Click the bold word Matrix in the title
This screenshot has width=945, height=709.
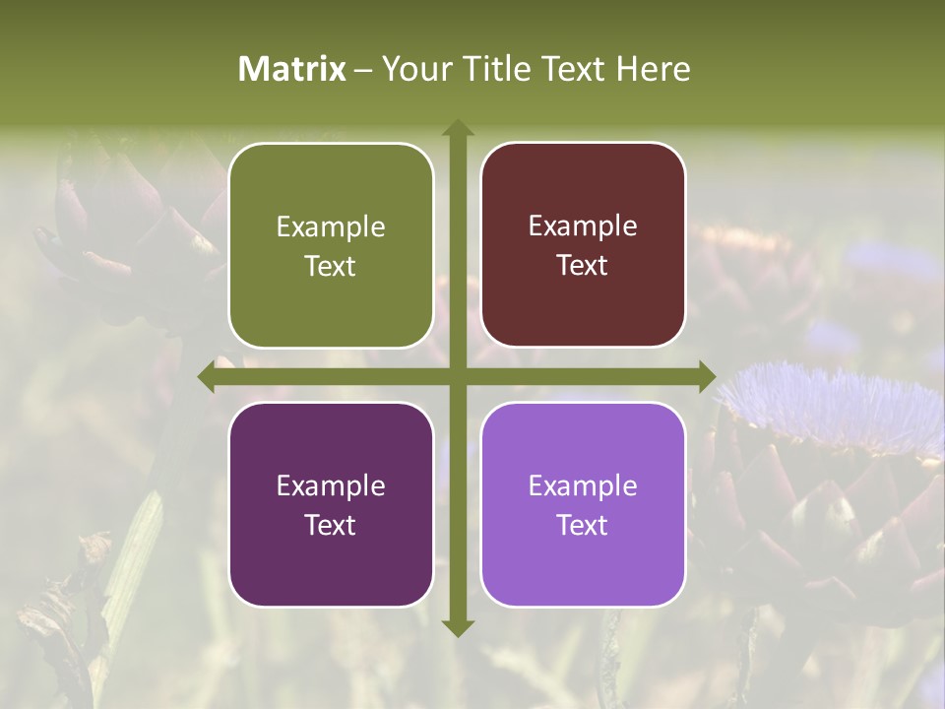pyautogui.click(x=292, y=69)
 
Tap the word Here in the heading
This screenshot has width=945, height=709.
pyautogui.click(x=653, y=69)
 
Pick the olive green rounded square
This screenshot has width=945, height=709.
pyautogui.click(x=331, y=245)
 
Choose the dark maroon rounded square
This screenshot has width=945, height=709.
pyautogui.click(x=583, y=245)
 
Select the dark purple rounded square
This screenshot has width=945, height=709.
pyautogui.click(x=331, y=504)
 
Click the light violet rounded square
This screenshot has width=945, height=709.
pyautogui.click(x=583, y=504)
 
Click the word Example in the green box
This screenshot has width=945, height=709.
pyautogui.click(x=331, y=227)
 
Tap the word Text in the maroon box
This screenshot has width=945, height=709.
pyautogui.click(x=583, y=265)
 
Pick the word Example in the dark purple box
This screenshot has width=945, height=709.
pyautogui.click(x=331, y=485)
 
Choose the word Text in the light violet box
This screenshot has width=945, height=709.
pyautogui.click(x=583, y=525)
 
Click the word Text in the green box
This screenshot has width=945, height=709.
pyautogui.click(x=331, y=266)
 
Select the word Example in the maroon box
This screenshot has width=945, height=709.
pyautogui.click(x=583, y=226)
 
